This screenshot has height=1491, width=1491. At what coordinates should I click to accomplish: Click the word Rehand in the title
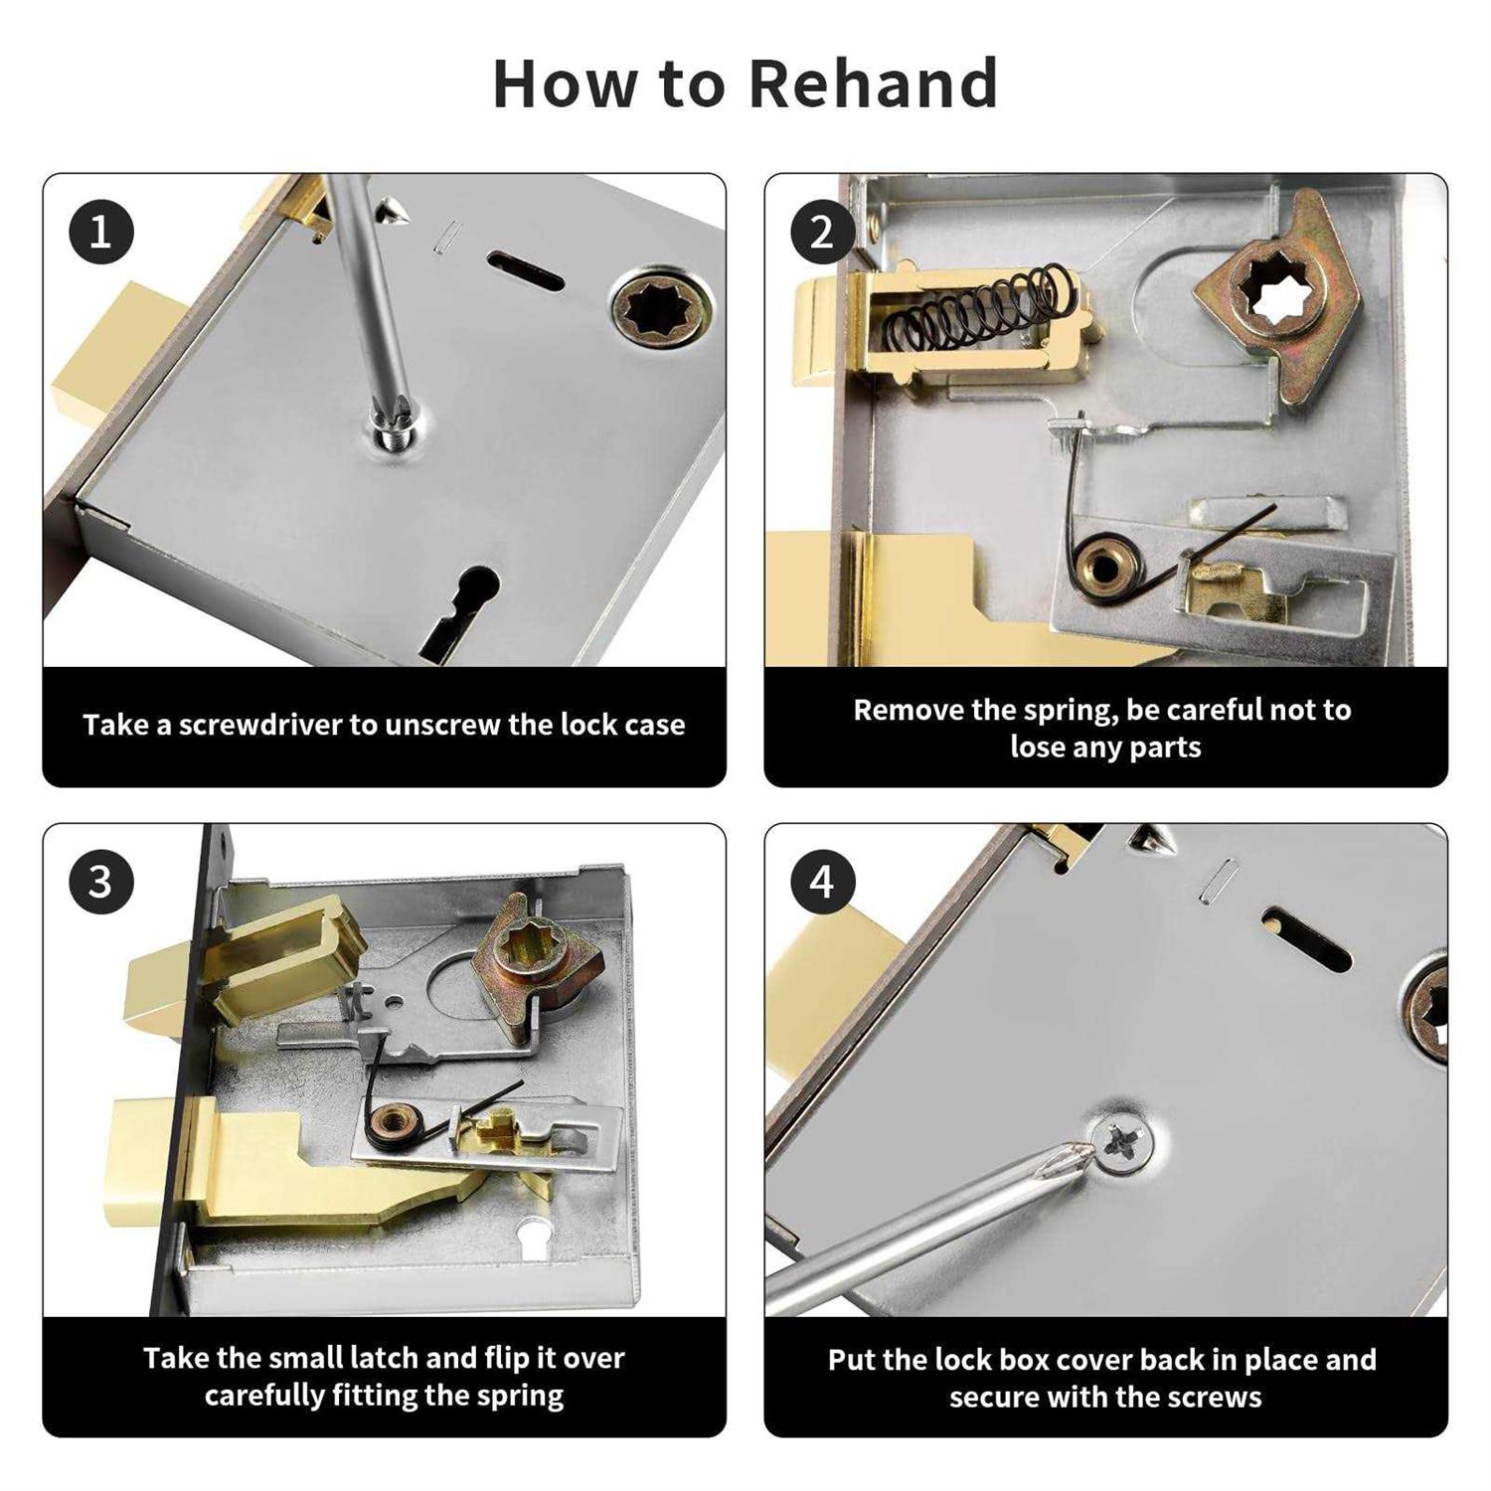click(x=872, y=83)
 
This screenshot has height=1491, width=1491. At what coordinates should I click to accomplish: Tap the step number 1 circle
click(x=101, y=233)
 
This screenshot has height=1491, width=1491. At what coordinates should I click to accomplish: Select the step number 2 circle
click(x=822, y=233)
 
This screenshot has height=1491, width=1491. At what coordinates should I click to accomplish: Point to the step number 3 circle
click(x=101, y=882)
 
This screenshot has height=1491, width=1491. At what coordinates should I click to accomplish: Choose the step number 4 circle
click(x=822, y=882)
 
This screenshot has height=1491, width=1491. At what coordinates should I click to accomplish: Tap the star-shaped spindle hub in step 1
click(x=661, y=306)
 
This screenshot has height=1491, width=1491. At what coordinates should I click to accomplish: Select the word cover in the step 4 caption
click(x=1093, y=1360)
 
